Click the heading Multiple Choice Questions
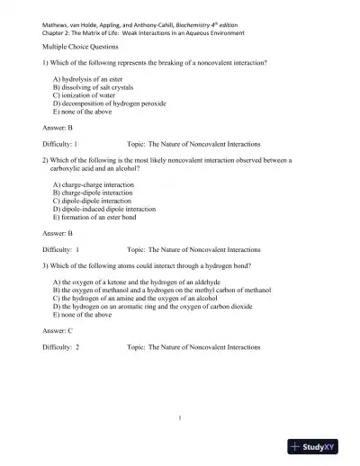80,44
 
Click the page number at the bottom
181,417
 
